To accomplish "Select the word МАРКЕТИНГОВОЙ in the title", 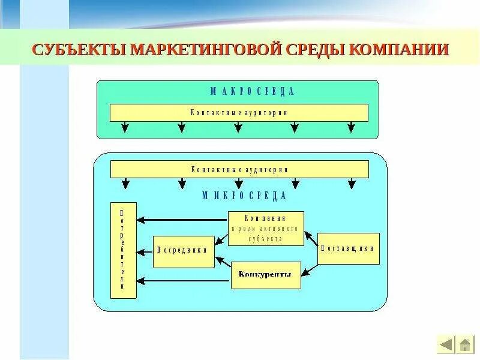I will click(x=206, y=49).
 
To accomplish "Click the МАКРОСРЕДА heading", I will click(x=252, y=91).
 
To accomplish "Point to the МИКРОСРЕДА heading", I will click(x=244, y=196).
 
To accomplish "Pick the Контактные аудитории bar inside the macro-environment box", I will click(x=239, y=113).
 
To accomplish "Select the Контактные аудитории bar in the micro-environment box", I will click(x=239, y=170).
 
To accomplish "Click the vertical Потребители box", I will click(x=123, y=250).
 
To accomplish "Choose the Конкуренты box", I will click(x=266, y=275).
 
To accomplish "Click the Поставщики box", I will click(x=348, y=248).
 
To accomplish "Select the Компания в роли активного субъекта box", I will click(x=266, y=229).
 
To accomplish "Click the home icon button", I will click(x=464, y=344).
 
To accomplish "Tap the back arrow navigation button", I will click(x=446, y=344).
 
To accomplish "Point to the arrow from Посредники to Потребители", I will click(x=145, y=252).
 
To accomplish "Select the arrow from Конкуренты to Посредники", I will click(x=223, y=263).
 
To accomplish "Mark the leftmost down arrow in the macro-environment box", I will click(x=124, y=127).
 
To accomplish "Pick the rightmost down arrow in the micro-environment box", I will click(x=351, y=184).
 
